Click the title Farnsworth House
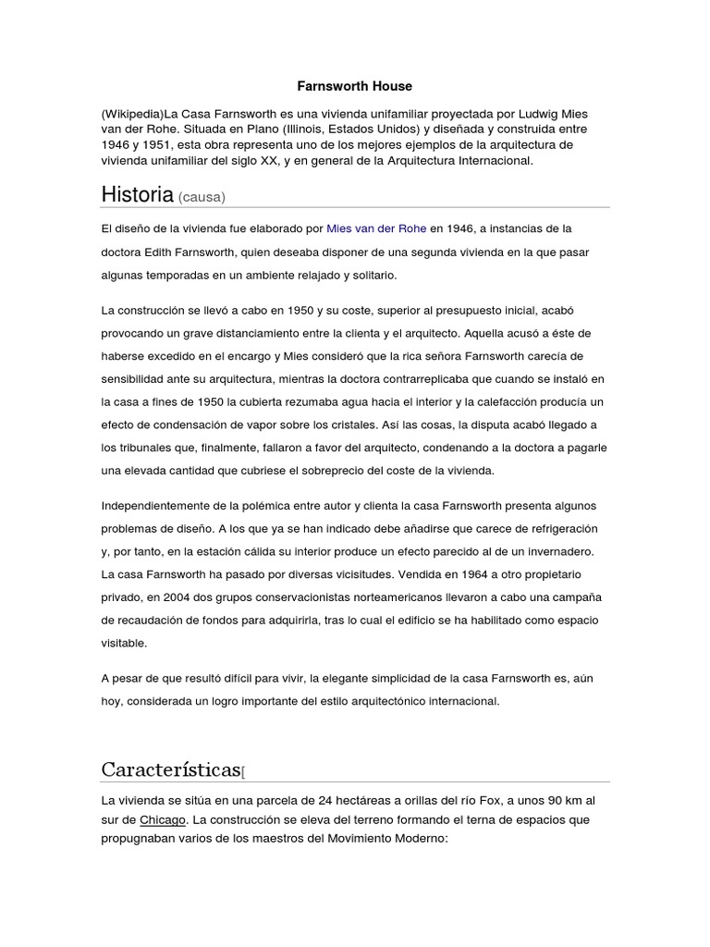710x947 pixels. click(354, 86)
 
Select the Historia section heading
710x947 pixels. click(137, 194)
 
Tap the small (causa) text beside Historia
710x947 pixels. click(202, 197)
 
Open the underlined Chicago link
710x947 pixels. click(162, 819)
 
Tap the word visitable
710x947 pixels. click(123, 642)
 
